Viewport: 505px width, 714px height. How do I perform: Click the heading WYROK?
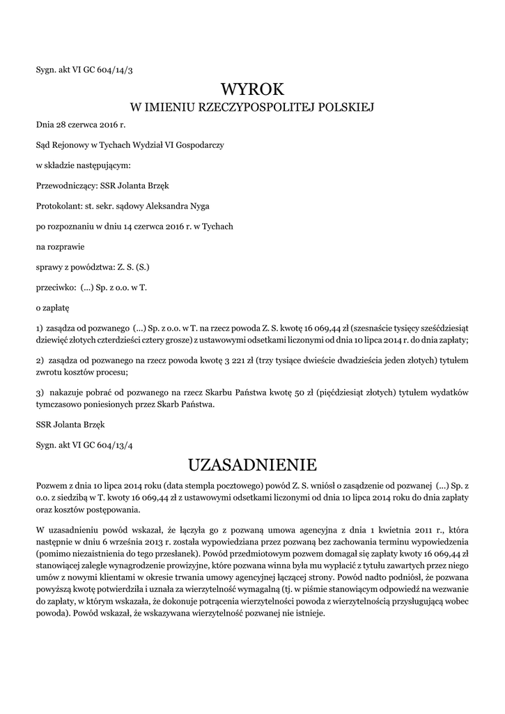point(252,89)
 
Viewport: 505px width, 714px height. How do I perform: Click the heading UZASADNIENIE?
point(252,464)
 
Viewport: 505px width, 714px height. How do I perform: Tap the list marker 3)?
point(40,392)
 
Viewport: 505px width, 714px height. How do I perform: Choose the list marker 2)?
point(40,360)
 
